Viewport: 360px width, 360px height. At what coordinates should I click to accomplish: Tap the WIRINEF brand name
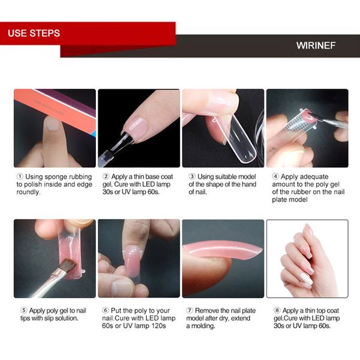(316, 46)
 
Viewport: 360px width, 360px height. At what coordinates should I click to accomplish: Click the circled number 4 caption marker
(275, 176)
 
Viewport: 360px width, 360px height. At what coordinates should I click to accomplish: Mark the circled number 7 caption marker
(190, 310)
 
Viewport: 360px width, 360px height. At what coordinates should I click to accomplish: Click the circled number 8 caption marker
(275, 310)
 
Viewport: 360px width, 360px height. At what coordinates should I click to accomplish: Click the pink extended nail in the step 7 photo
(225, 248)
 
